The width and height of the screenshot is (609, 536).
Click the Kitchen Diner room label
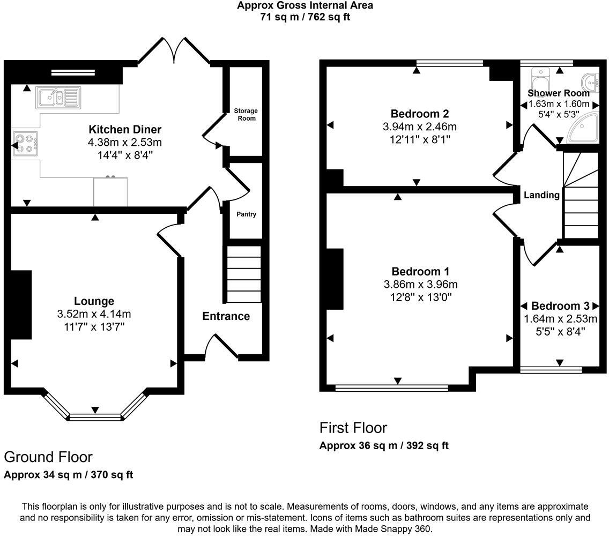[125, 129]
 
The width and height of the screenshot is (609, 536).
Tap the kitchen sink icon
[57, 97]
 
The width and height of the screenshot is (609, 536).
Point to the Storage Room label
[246, 114]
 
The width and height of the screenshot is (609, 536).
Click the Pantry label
[246, 214]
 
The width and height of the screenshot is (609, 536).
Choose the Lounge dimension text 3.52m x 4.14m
[94, 314]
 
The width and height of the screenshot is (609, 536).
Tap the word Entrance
[226, 316]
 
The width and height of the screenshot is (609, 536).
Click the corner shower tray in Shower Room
[583, 129]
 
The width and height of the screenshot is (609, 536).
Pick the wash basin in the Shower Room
[592, 81]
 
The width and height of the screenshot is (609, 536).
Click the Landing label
[541, 195]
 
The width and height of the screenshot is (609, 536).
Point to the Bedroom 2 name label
[419, 114]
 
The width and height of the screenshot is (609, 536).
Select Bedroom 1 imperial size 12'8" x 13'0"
[420, 297]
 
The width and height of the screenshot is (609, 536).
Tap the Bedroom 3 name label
[560, 306]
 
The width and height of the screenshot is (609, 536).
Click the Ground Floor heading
[48, 457]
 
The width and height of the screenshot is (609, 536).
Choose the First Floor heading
[353, 428]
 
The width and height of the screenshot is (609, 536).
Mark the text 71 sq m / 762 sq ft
[305, 17]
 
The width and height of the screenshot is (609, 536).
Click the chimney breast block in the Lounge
[21, 304]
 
